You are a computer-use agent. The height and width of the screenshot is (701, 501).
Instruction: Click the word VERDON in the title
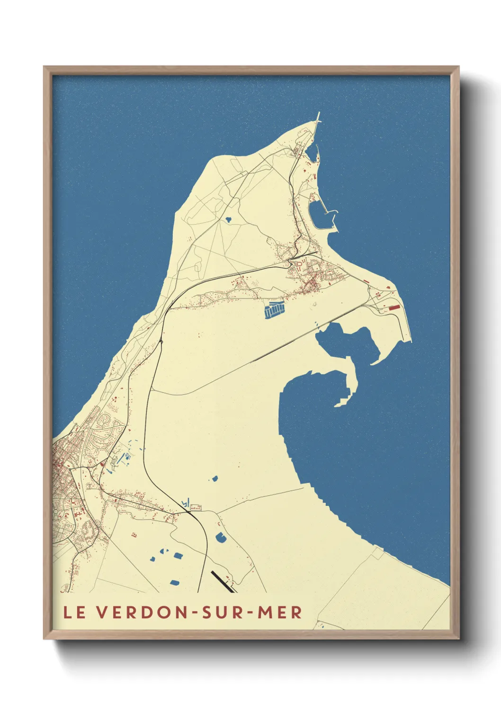(142, 612)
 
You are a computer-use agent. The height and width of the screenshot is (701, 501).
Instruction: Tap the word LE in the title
(75, 612)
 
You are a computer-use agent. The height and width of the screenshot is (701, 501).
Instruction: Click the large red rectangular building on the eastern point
(394, 307)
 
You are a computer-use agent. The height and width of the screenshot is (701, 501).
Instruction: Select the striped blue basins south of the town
(274, 310)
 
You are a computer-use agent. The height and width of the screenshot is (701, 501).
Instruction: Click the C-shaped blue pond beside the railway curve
(221, 537)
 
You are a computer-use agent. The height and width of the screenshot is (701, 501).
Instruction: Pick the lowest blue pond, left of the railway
(175, 582)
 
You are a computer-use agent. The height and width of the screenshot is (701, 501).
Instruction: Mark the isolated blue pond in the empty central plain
(214, 478)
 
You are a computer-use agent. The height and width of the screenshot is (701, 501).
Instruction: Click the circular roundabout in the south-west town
(61, 512)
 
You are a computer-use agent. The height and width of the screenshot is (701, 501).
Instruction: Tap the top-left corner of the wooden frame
(44, 67)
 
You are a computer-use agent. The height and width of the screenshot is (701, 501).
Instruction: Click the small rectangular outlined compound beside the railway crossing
(195, 508)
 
